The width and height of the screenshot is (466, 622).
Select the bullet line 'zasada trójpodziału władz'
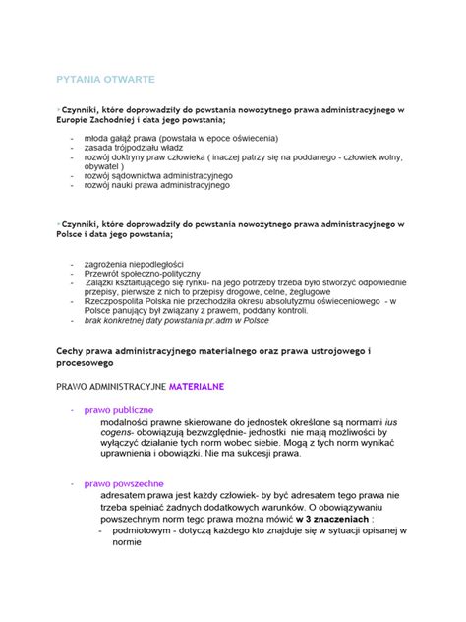(128, 147)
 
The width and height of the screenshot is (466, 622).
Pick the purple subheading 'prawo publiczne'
(118, 409)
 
